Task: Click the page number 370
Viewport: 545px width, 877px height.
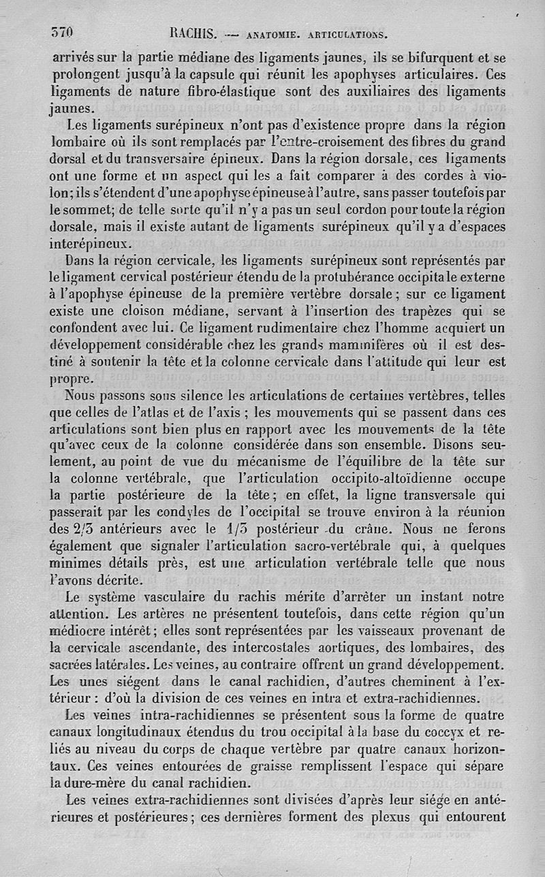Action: point(62,31)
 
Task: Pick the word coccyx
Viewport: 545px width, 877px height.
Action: point(439,732)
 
